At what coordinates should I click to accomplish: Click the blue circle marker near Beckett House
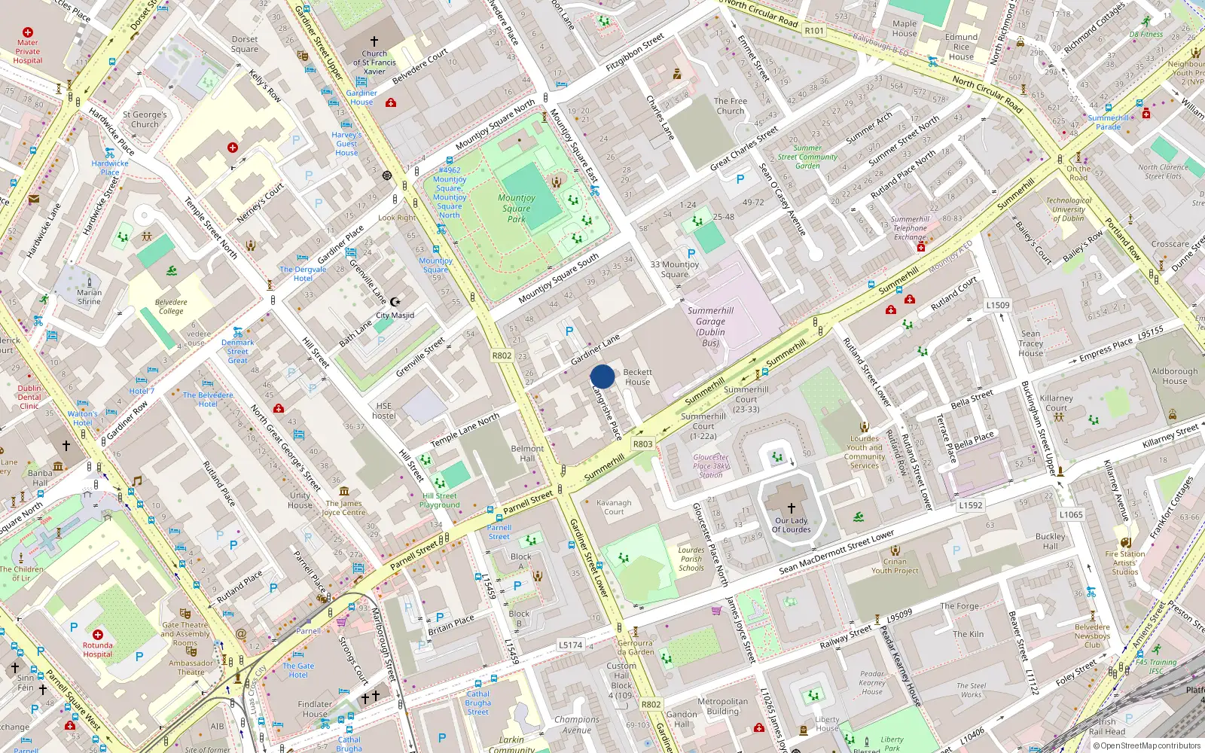click(x=602, y=376)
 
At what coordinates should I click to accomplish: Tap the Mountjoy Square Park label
click(x=517, y=209)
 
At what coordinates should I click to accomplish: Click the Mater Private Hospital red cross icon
click(x=28, y=32)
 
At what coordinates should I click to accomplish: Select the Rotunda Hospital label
click(x=97, y=650)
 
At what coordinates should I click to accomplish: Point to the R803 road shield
click(x=642, y=444)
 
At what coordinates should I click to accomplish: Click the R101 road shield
click(x=814, y=31)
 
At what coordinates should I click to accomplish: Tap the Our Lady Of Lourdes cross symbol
click(x=791, y=508)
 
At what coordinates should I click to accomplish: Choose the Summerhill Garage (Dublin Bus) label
click(x=709, y=326)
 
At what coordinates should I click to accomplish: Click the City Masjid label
click(x=395, y=316)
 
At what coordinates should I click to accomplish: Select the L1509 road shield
click(x=998, y=305)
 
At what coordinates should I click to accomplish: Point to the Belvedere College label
click(x=171, y=306)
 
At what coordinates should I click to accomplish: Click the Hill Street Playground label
click(x=440, y=500)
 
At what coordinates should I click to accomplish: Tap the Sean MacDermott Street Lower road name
click(x=836, y=553)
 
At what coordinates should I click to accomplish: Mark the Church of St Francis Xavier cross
click(x=374, y=41)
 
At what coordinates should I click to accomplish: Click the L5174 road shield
click(x=571, y=645)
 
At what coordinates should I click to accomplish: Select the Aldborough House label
click(x=1174, y=376)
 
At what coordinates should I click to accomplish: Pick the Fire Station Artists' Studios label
click(x=1125, y=562)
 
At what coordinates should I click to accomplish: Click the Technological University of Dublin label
click(x=1068, y=209)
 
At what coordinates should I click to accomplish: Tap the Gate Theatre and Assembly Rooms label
click(x=185, y=633)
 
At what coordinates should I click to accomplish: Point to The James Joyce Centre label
click(x=343, y=508)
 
